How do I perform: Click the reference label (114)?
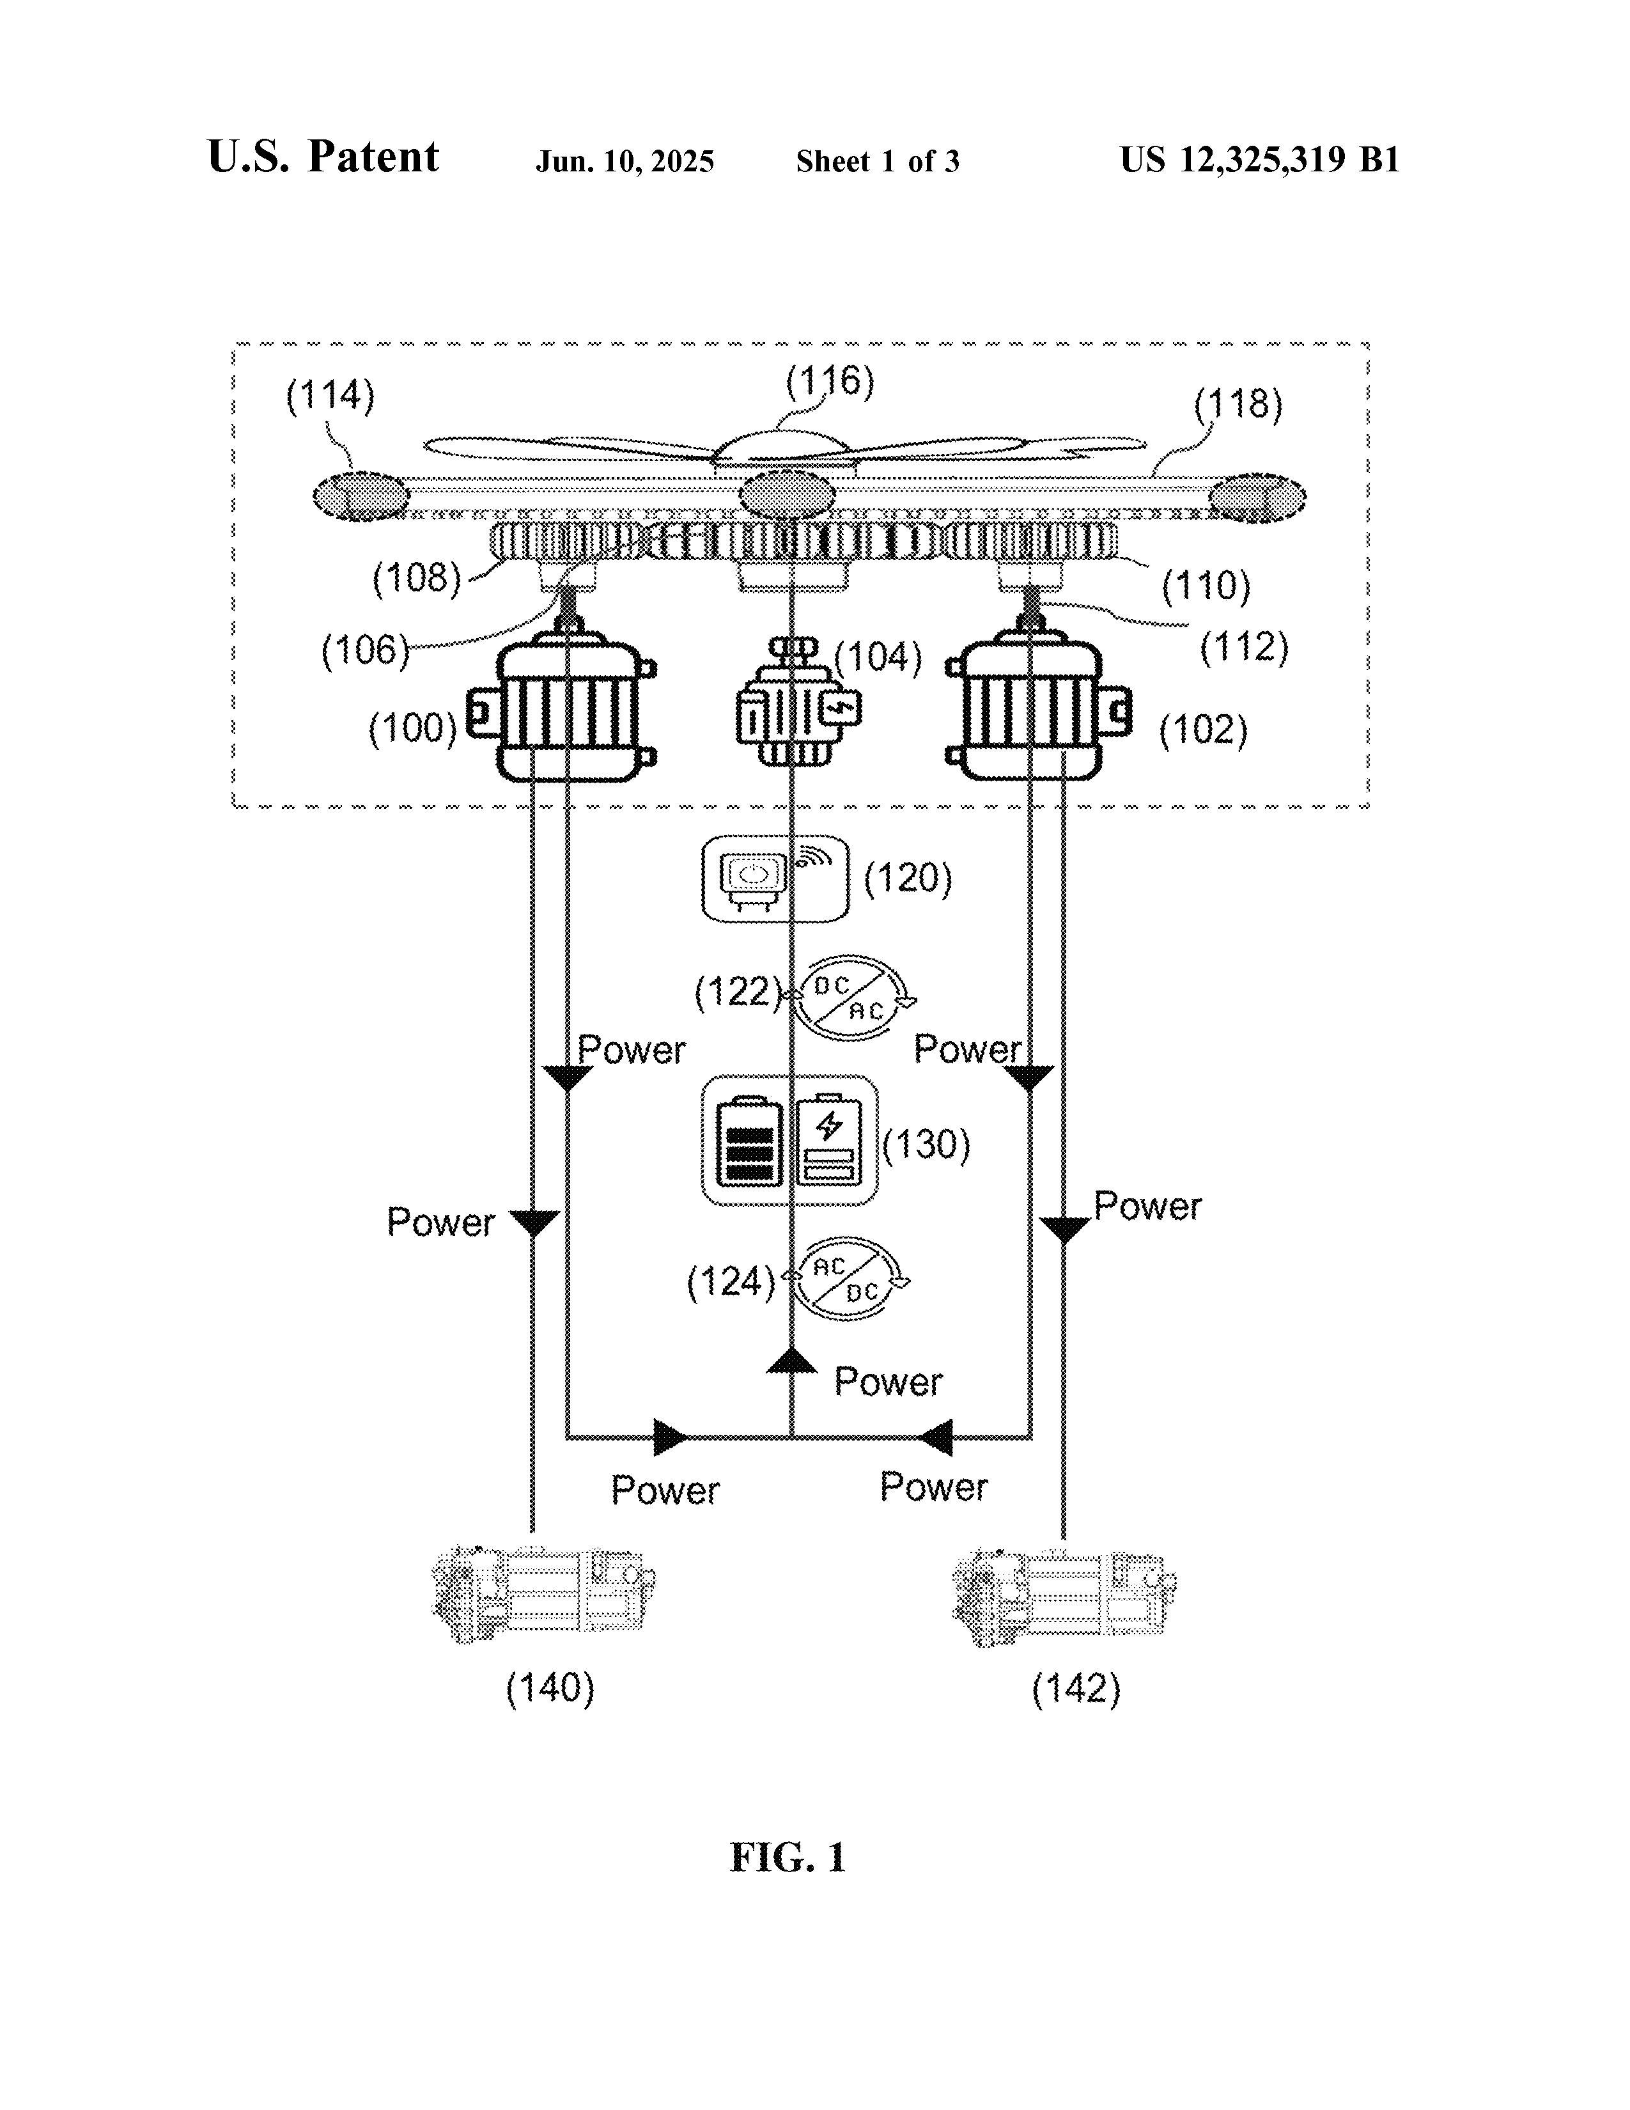click(x=330, y=397)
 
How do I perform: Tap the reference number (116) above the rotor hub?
click(x=830, y=382)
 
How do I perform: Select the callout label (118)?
click(x=1238, y=405)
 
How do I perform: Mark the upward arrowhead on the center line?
click(x=792, y=1361)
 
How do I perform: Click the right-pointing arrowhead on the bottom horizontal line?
click(x=669, y=1437)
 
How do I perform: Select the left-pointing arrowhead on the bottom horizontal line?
click(x=936, y=1437)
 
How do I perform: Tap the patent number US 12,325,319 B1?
click(x=1259, y=159)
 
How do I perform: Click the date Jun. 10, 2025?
click(x=625, y=161)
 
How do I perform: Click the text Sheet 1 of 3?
click(x=878, y=161)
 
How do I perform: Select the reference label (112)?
click(x=1244, y=647)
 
